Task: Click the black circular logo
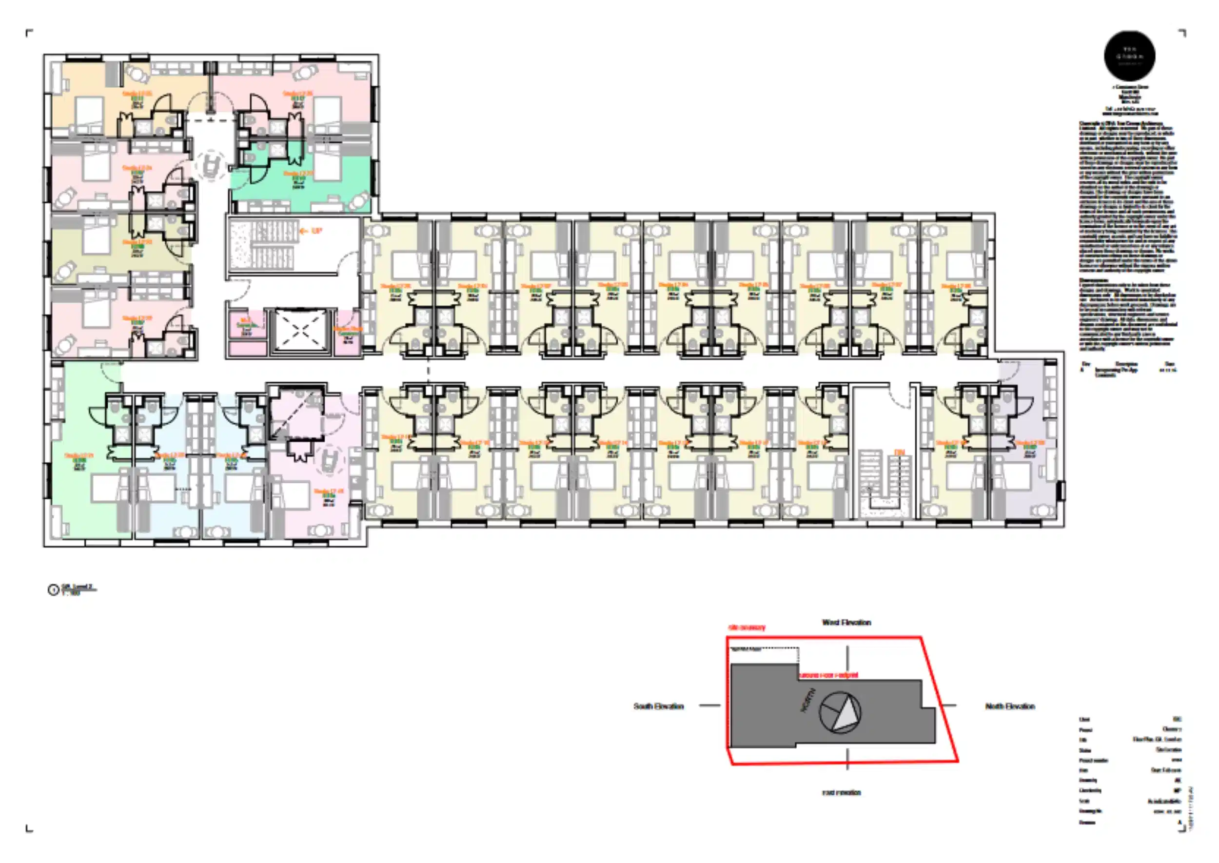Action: [x=1129, y=56]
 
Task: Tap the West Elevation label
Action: [x=846, y=622]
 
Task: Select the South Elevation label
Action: [x=658, y=706]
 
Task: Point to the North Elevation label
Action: [x=1010, y=706]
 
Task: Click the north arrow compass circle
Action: [x=840, y=712]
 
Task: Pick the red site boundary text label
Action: [x=747, y=628]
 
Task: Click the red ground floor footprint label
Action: [x=828, y=675]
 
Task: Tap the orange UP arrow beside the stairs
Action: [x=312, y=231]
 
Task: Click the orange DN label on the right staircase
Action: [x=899, y=453]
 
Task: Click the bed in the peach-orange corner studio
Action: [x=89, y=112]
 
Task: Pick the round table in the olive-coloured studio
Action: [x=64, y=272]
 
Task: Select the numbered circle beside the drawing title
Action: [x=53, y=590]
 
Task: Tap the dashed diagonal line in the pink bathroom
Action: [x=295, y=414]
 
